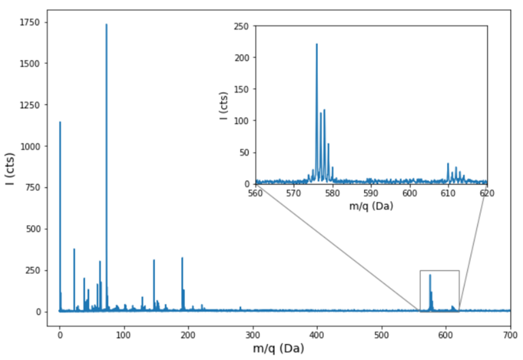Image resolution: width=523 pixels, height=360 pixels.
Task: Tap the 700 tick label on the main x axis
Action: [x=511, y=334]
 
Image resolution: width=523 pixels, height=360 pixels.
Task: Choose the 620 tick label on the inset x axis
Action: [x=487, y=193]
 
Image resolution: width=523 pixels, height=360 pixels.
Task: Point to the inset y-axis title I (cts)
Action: [x=224, y=105]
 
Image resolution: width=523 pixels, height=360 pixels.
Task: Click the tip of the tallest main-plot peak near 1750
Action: [x=106, y=24]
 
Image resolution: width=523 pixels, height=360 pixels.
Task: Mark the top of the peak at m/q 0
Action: [x=59, y=122]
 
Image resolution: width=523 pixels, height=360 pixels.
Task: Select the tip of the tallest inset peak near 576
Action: [x=317, y=44]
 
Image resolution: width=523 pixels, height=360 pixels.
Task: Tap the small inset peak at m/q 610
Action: [x=448, y=163]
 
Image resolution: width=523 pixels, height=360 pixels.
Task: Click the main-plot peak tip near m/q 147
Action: [x=154, y=260]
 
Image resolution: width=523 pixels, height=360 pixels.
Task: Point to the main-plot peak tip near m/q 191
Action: [x=182, y=258]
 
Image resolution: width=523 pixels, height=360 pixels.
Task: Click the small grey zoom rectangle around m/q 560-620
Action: [x=439, y=271]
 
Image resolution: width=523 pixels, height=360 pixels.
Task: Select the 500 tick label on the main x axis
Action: [x=382, y=334]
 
